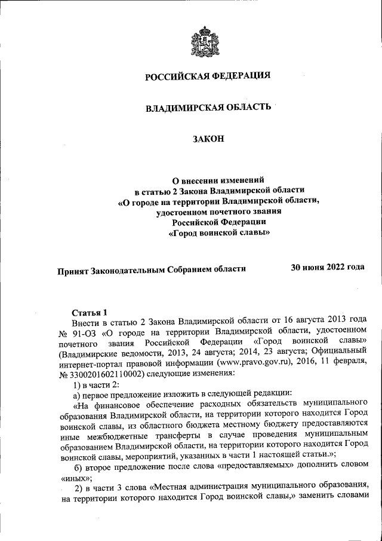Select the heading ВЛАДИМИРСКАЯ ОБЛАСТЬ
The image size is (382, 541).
pos(208,108)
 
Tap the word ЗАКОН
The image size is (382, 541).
pos(208,139)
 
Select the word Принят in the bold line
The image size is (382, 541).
pos(72,270)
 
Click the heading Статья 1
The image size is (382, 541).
pos(90,312)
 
